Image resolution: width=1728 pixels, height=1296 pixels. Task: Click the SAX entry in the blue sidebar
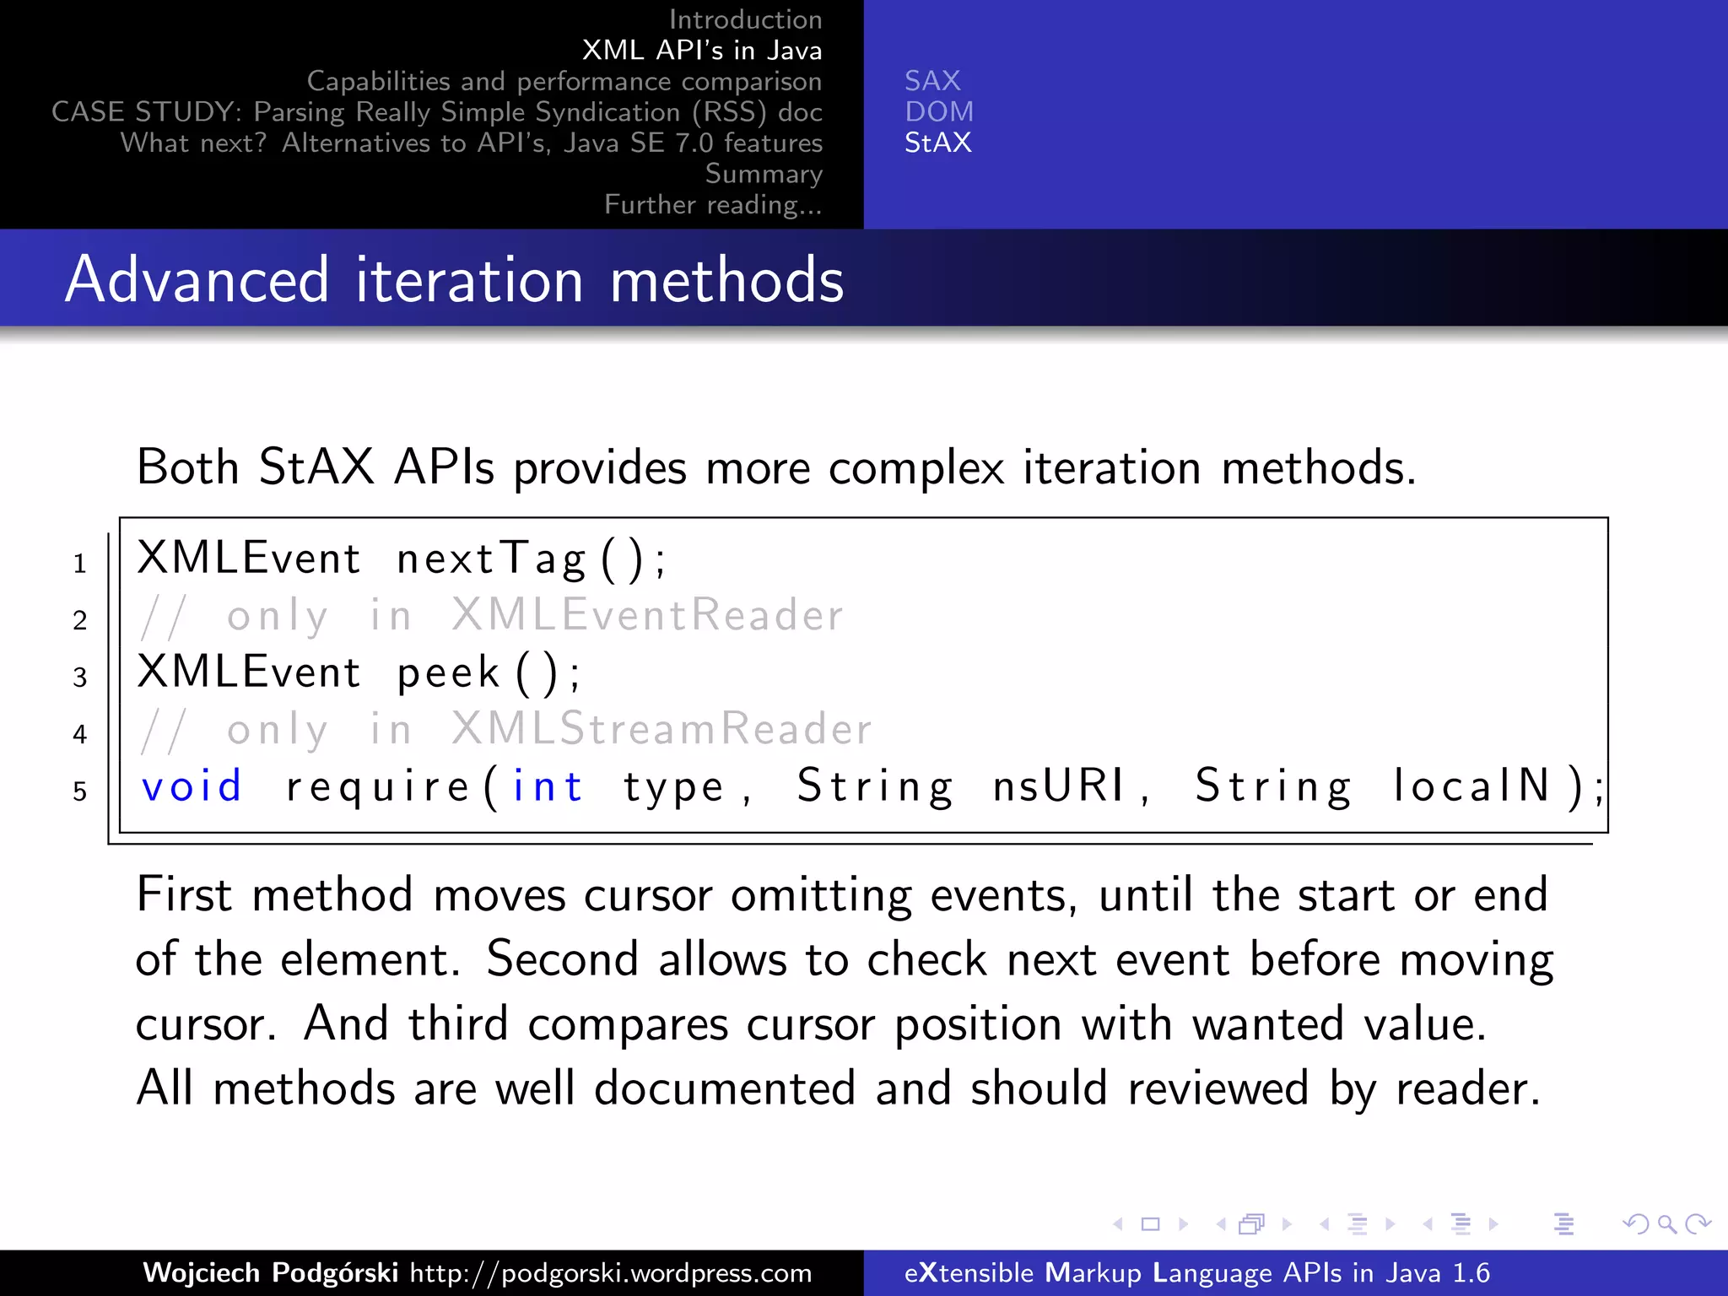coord(932,81)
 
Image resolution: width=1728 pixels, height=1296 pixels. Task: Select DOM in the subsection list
coord(939,112)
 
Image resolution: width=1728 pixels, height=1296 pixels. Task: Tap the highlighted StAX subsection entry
coord(937,143)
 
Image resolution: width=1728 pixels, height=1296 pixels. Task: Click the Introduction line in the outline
coord(745,19)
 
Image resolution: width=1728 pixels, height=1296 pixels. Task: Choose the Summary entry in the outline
coord(764,174)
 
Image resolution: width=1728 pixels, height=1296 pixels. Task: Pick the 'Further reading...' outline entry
coord(713,205)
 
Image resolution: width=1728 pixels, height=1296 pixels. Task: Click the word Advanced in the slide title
coord(197,280)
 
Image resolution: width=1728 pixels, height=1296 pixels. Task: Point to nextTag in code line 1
coord(491,559)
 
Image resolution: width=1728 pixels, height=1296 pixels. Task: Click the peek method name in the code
coord(449,673)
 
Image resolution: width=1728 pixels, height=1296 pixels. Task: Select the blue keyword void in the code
coord(192,787)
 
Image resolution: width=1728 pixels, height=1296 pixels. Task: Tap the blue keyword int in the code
coord(548,787)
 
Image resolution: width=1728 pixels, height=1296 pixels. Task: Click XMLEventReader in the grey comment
coord(647,615)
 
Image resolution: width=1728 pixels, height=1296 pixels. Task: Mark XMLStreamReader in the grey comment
coord(661,729)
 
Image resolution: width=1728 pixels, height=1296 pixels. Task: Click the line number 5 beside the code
coord(79,791)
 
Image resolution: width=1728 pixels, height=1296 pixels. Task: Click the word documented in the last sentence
coord(725,1088)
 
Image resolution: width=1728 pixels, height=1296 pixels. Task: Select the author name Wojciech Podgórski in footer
coord(270,1272)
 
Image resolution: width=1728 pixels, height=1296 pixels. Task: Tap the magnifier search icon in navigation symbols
coord(1666,1223)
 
